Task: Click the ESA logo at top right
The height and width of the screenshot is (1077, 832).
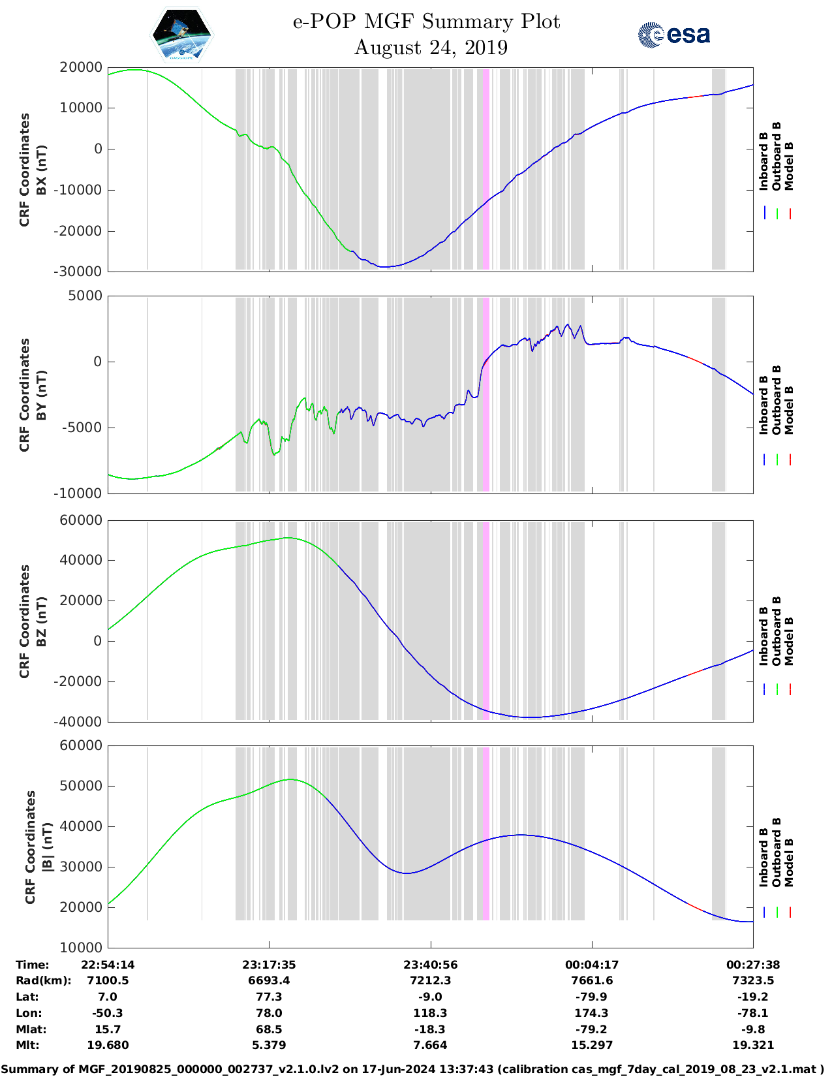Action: pyautogui.click(x=674, y=34)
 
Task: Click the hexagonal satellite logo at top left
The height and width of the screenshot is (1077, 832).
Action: pyautogui.click(x=181, y=35)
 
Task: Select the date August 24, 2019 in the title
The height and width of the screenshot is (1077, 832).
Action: pyautogui.click(x=431, y=48)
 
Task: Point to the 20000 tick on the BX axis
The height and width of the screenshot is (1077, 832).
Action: pyautogui.click(x=81, y=67)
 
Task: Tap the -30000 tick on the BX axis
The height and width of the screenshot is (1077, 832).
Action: pyautogui.click(x=81, y=272)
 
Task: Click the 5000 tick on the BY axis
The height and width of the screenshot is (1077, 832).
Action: pyautogui.click(x=86, y=296)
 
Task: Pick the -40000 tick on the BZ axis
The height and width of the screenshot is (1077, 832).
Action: pyautogui.click(x=81, y=722)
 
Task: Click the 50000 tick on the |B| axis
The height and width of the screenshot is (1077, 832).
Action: pyautogui.click(x=81, y=786)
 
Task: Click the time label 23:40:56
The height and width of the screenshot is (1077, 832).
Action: pyautogui.click(x=430, y=965)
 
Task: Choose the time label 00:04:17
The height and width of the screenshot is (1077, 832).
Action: pyautogui.click(x=592, y=965)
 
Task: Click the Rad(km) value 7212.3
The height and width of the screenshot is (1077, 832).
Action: pyautogui.click(x=430, y=980)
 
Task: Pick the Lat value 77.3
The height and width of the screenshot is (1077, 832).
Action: pyautogui.click(x=269, y=997)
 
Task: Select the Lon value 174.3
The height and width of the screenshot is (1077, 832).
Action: pyautogui.click(x=592, y=1013)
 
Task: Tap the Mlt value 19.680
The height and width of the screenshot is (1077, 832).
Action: pyautogui.click(x=108, y=1045)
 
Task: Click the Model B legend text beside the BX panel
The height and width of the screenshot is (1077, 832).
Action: pyautogui.click(x=789, y=166)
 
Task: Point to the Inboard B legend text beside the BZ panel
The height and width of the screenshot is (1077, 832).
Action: pyautogui.click(x=764, y=636)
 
